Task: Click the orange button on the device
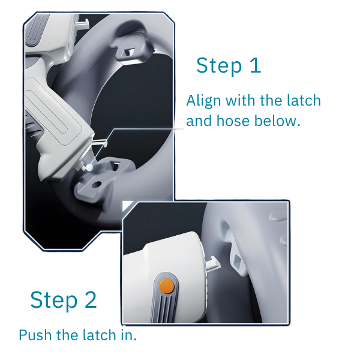[166, 286]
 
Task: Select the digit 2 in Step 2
[91, 299]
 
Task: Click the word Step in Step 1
[219, 66]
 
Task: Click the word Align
[203, 101]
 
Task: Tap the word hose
[233, 121]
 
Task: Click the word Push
[35, 335]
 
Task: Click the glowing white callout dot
[89, 168]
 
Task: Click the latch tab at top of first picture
[82, 24]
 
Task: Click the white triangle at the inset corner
[127, 205]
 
